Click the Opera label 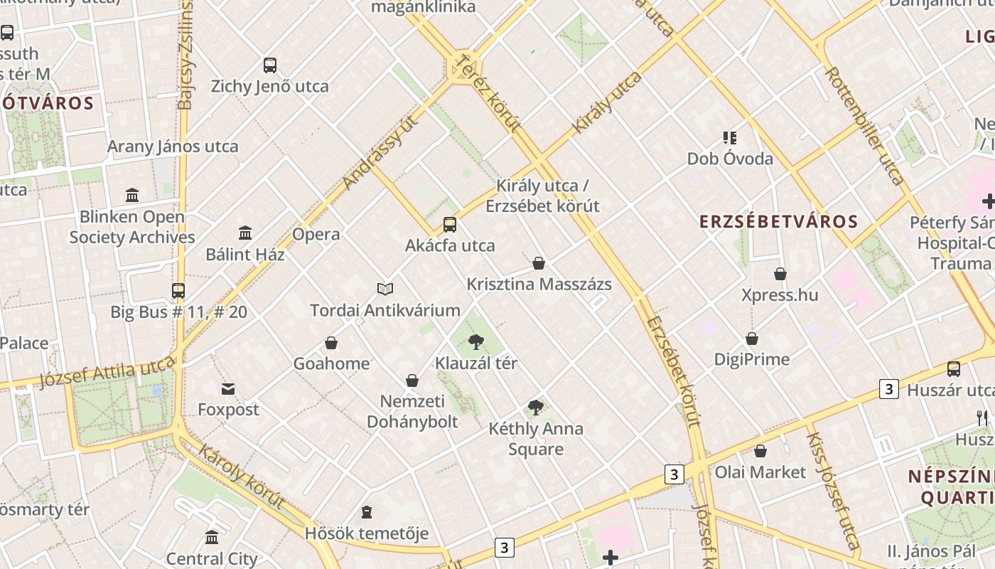pos(316,234)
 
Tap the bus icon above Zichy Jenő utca pos(270,65)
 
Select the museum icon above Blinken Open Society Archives pos(132,195)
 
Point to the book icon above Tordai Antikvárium pos(385,289)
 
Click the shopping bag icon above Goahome pos(331,343)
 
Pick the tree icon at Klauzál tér pos(476,342)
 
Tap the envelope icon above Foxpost pos(228,389)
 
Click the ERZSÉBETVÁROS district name pos(779,221)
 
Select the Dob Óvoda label pos(730,159)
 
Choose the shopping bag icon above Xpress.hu pos(780,274)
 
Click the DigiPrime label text pos(752,359)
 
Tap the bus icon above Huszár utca pos(954,369)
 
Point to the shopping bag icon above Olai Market pos(760,451)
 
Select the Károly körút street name pos(242,476)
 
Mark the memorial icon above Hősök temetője pos(367,512)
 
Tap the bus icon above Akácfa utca pos(450,225)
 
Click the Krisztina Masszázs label pos(539,284)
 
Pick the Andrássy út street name pos(380,152)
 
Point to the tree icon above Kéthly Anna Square pos(536,408)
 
